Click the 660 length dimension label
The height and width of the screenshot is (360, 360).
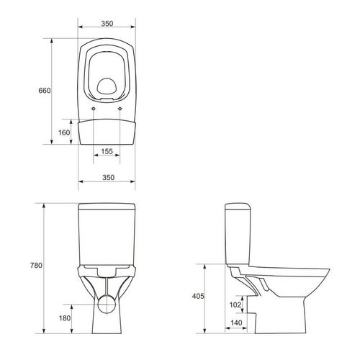(45, 91)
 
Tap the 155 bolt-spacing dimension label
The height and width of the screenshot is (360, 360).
(107, 151)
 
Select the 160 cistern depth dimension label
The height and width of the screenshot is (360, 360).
(64, 132)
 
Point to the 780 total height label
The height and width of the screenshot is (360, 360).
(36, 265)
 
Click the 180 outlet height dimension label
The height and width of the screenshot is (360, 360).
(65, 318)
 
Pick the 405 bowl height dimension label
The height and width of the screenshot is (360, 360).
(198, 296)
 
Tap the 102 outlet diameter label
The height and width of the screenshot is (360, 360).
(235, 305)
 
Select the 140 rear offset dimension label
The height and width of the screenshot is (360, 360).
(236, 323)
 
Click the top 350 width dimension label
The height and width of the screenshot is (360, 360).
(107, 24)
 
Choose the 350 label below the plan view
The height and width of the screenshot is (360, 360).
(109, 177)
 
